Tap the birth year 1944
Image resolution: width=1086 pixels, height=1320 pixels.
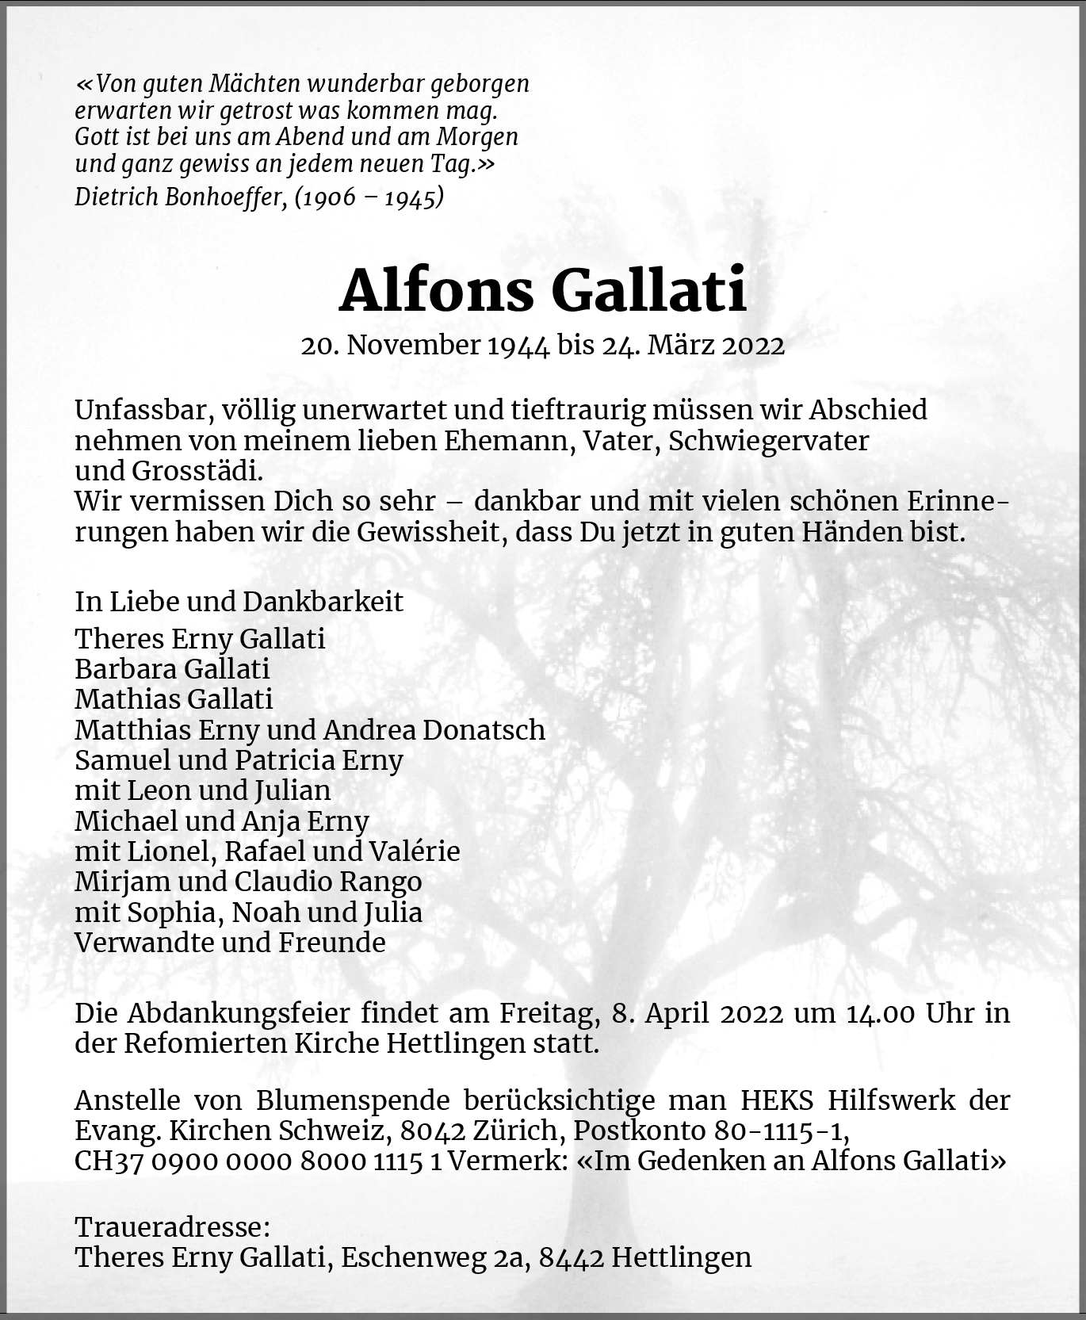(520, 345)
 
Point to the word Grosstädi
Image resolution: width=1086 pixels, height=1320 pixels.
(197, 471)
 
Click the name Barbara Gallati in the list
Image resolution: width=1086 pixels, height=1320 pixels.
(172, 669)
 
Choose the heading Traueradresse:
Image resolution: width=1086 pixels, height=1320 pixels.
(172, 1227)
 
